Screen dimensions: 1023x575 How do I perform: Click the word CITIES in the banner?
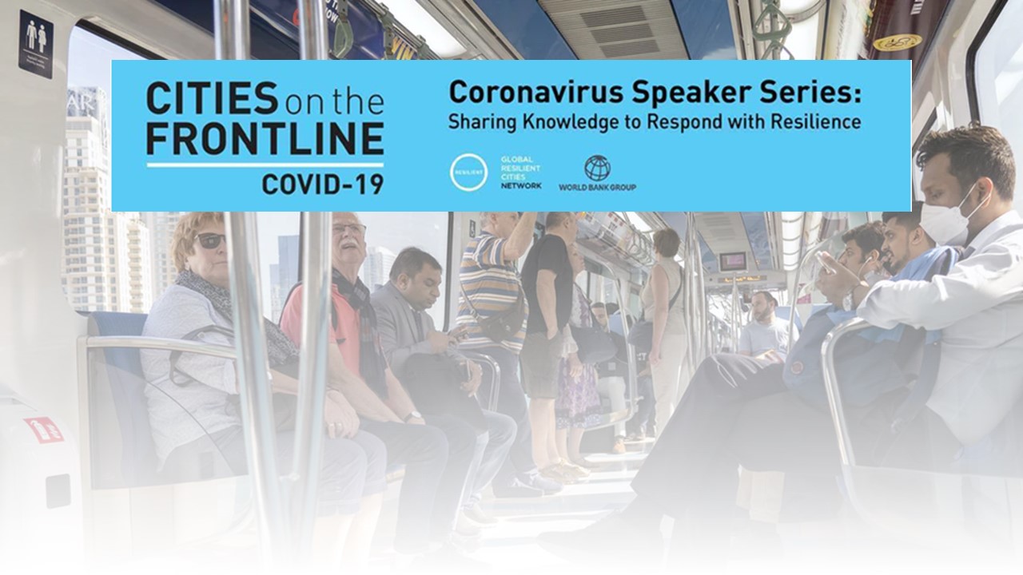212,97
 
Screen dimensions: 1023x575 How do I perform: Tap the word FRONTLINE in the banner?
265,138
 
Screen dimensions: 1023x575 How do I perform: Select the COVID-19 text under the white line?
322,184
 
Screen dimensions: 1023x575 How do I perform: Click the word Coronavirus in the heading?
535,93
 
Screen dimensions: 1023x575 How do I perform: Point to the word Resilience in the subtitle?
816,121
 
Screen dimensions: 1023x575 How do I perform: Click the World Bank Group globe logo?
598,168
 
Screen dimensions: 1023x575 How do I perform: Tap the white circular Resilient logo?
468,172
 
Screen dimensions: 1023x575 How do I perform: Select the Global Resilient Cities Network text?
521,172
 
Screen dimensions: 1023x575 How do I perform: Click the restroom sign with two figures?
36,44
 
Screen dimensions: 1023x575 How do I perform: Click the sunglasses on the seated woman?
209,240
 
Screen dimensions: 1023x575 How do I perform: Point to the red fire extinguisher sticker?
45,430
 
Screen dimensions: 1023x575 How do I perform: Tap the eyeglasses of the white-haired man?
349,228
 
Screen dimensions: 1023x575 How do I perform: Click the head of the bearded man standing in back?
763,305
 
